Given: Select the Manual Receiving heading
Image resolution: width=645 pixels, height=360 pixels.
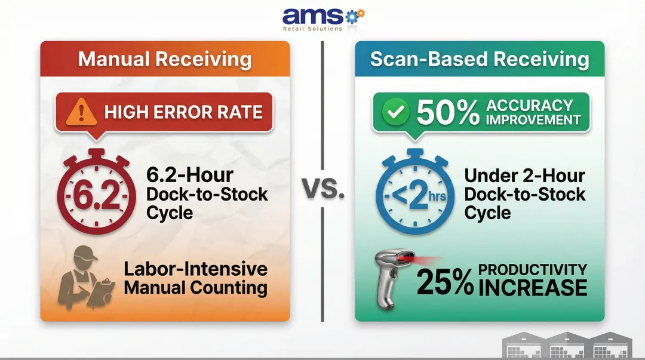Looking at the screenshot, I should (x=165, y=60).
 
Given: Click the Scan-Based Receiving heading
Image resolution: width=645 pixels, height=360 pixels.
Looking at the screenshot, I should (x=480, y=60).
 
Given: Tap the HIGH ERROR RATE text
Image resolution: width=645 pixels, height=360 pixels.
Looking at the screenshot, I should (x=183, y=112).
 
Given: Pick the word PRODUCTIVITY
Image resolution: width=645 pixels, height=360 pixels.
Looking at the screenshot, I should (x=533, y=270).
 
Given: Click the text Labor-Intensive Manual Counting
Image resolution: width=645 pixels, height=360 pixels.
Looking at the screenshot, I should (x=195, y=278).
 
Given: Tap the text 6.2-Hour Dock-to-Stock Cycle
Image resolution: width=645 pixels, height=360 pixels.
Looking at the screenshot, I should (x=207, y=193).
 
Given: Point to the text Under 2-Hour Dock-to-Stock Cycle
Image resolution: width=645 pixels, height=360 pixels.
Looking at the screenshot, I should (x=524, y=193).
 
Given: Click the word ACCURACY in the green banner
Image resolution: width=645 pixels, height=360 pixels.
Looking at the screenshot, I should (x=529, y=105).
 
